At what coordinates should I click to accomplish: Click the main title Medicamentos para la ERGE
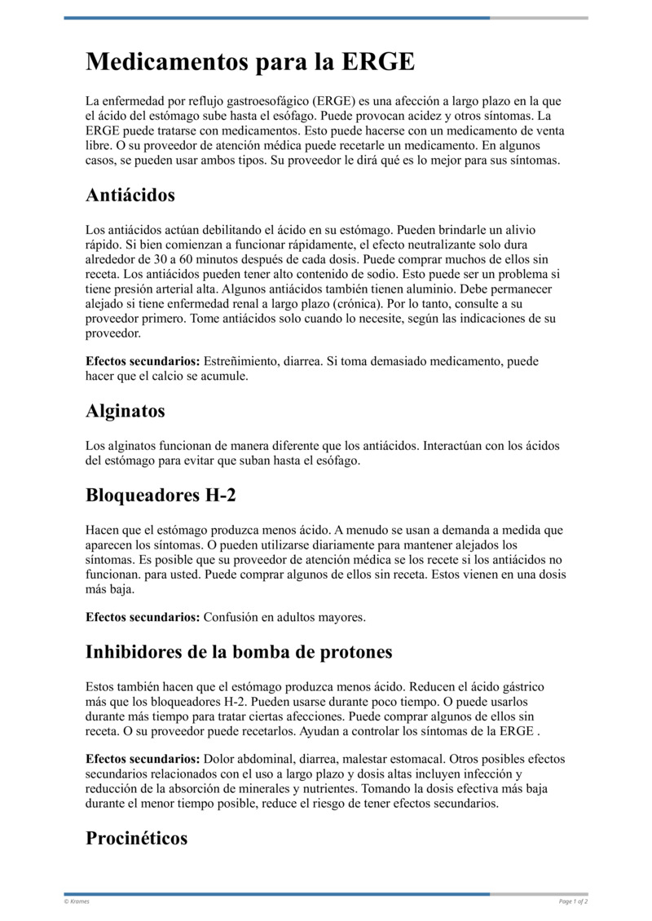point(250,62)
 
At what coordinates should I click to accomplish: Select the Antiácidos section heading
point(130,196)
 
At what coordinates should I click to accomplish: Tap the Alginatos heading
point(126,411)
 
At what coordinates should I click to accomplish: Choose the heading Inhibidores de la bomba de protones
point(239,651)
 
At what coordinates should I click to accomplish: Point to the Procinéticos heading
point(136,838)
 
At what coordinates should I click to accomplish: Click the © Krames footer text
point(77,901)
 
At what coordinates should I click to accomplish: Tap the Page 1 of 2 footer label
point(573,901)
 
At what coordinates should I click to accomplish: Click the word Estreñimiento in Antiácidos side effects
point(241,361)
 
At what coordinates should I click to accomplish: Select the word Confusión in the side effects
point(230,617)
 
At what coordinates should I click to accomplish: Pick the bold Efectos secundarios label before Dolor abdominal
point(143,759)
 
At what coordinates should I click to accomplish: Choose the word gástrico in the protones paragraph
point(523,687)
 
